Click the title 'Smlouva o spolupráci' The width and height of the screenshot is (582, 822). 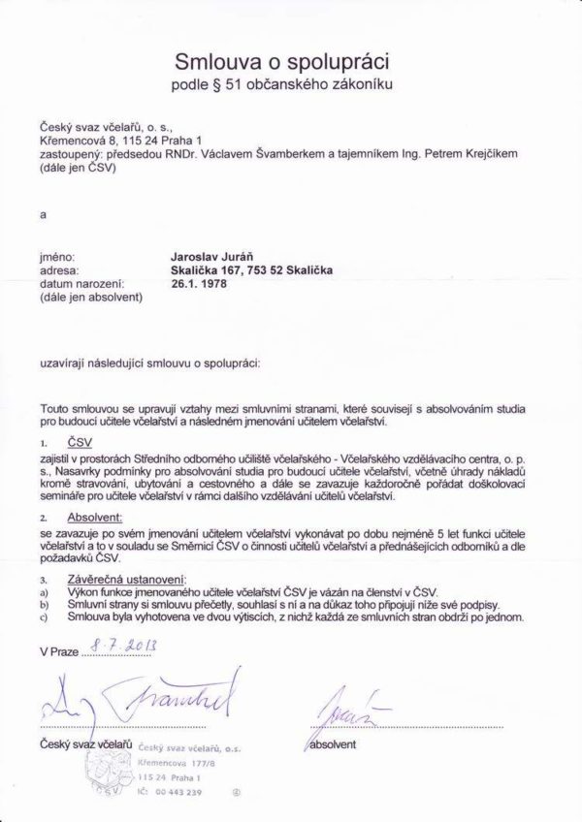[281, 62]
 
